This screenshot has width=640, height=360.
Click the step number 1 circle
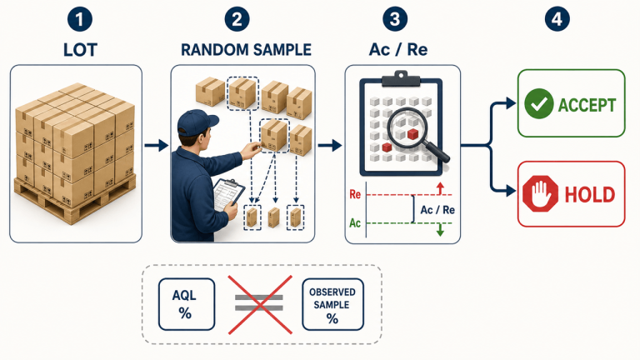click(x=80, y=19)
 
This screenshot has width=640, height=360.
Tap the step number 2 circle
click(x=237, y=19)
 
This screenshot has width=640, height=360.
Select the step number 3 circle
click(x=395, y=19)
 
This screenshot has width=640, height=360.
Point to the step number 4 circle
click(x=557, y=19)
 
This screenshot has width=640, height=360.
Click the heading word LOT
click(x=80, y=50)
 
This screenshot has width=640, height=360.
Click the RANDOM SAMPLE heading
click(x=246, y=50)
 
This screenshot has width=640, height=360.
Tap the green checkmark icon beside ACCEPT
click(x=539, y=103)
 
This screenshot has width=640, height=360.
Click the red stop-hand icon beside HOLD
click(x=540, y=193)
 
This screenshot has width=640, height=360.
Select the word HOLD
click(x=589, y=195)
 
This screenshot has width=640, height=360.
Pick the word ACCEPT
click(x=587, y=105)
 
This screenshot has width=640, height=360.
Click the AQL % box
click(x=187, y=304)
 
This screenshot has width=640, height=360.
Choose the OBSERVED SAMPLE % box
click(x=332, y=304)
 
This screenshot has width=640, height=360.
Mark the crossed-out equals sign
click(x=259, y=304)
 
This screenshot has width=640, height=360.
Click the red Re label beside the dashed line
click(x=355, y=194)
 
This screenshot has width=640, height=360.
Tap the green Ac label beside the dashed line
click(x=355, y=222)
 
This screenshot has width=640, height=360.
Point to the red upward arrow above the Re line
click(x=440, y=188)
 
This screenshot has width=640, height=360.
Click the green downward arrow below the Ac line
click(x=440, y=230)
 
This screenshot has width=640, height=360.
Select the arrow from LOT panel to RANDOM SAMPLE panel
click(x=157, y=145)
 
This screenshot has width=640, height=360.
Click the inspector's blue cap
click(x=197, y=122)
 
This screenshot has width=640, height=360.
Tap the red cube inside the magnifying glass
click(x=412, y=134)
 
